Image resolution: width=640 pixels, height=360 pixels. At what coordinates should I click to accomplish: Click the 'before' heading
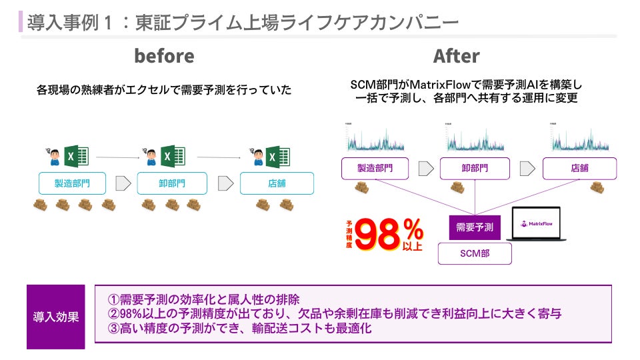[x=164, y=56]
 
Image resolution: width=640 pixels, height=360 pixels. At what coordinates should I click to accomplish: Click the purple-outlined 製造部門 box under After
[x=374, y=169]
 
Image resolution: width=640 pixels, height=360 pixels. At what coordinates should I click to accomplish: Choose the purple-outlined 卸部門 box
[x=474, y=169]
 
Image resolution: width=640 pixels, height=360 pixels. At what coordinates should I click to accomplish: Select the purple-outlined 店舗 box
[x=576, y=169]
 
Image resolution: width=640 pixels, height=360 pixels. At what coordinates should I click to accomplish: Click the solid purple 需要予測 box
[x=474, y=227]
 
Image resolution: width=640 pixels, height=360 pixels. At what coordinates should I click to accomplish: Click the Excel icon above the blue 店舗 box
[x=277, y=157]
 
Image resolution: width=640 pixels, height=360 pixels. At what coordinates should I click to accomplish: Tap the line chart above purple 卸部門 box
[x=474, y=139]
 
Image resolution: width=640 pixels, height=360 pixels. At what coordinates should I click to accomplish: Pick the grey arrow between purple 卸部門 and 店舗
[x=526, y=169]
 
